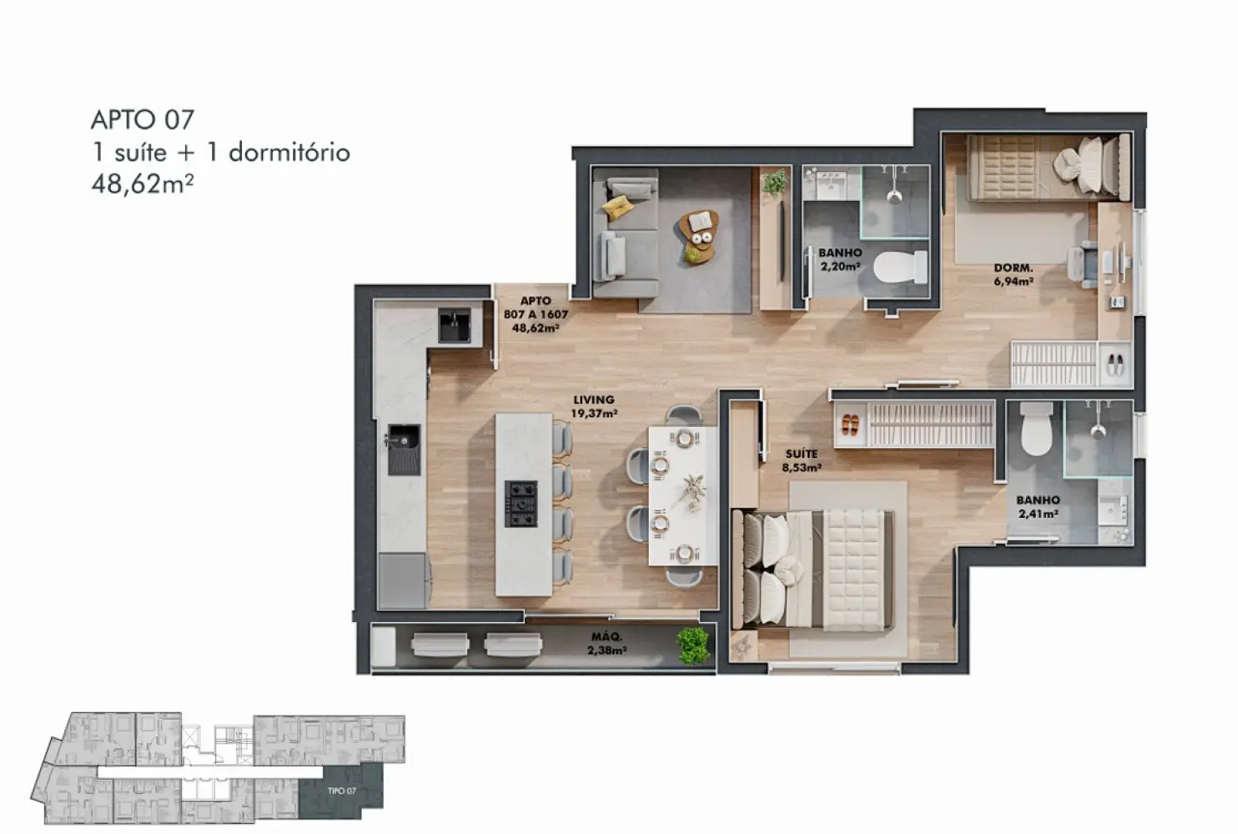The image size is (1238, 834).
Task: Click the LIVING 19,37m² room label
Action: pyautogui.click(x=594, y=406)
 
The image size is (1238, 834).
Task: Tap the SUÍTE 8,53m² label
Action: pyautogui.click(x=802, y=461)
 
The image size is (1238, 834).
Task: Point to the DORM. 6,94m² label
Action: pyautogui.click(x=1013, y=274)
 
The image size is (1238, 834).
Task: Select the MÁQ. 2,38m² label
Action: pyautogui.click(x=606, y=644)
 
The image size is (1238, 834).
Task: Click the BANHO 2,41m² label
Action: pyautogui.click(x=1038, y=507)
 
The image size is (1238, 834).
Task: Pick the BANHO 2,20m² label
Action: pyautogui.click(x=840, y=259)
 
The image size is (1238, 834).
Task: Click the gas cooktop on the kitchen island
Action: pyautogui.click(x=521, y=504)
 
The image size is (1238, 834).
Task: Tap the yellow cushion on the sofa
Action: pyautogui.click(x=617, y=208)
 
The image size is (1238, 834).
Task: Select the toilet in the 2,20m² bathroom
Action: pyautogui.click(x=900, y=267)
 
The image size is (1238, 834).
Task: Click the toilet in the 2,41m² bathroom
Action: pyautogui.click(x=1036, y=429)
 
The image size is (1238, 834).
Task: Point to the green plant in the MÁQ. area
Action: pyautogui.click(x=693, y=645)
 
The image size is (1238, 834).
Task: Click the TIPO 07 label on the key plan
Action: pyautogui.click(x=341, y=791)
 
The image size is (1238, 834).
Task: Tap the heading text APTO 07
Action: pyautogui.click(x=143, y=120)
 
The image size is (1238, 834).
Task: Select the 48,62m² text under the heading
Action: pyautogui.click(x=143, y=184)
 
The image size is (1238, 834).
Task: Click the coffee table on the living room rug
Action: pyautogui.click(x=699, y=237)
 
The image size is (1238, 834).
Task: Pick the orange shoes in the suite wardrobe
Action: pyautogui.click(x=850, y=425)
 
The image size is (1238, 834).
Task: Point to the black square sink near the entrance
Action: pyautogui.click(x=455, y=325)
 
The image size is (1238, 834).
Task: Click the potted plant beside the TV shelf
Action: pyautogui.click(x=774, y=182)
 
